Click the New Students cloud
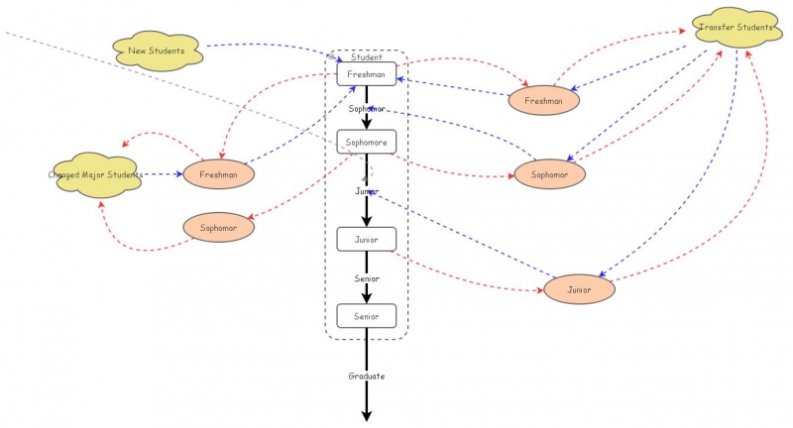(x=159, y=50)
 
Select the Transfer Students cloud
(x=735, y=27)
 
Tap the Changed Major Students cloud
(x=95, y=174)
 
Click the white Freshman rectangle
(x=367, y=74)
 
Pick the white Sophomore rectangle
(x=367, y=142)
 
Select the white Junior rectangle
(x=367, y=239)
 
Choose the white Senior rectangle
(x=367, y=316)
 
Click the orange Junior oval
(x=579, y=290)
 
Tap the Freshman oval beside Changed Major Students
(x=218, y=174)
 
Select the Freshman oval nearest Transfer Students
(x=543, y=100)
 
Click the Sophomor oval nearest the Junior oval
(x=549, y=174)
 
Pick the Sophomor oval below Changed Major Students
(x=218, y=227)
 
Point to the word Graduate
(x=367, y=376)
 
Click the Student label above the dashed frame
(x=367, y=57)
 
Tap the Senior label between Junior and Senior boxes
(x=367, y=279)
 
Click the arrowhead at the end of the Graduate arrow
(x=367, y=416)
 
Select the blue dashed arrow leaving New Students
(x=268, y=46)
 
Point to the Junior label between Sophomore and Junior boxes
(x=367, y=190)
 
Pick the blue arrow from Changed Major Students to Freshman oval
(x=164, y=174)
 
